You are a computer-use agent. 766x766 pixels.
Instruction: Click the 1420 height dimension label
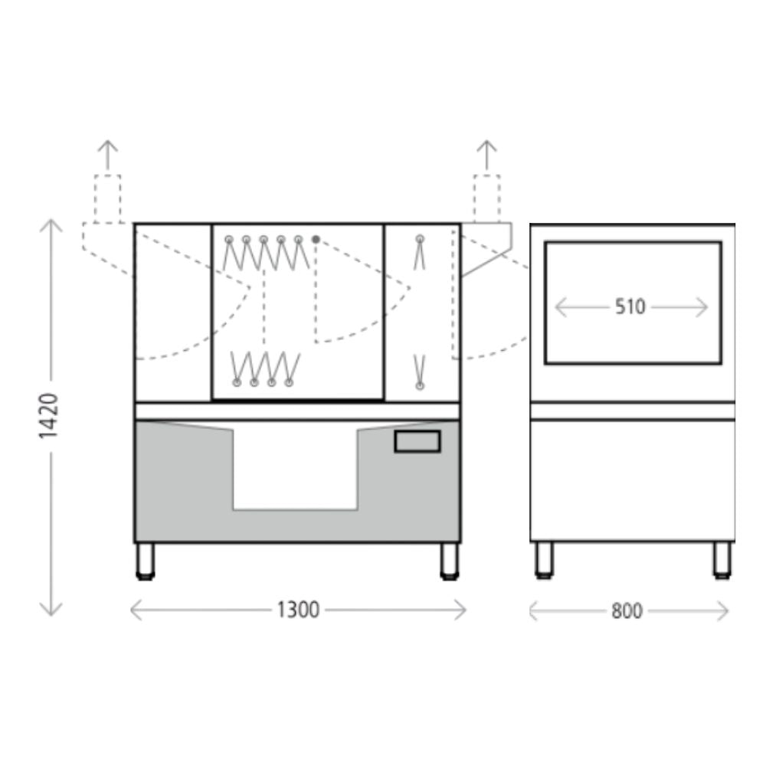49,416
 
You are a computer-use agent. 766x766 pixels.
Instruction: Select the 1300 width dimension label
298,610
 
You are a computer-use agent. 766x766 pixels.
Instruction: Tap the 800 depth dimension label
627,611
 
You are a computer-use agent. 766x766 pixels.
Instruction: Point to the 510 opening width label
630,307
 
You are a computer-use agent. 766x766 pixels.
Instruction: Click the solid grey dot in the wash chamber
316,239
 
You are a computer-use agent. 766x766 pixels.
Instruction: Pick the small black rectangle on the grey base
417,442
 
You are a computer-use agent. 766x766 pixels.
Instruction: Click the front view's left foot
146,561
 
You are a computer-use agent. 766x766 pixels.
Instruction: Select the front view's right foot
450,561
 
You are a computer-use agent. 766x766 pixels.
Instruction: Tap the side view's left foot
544,561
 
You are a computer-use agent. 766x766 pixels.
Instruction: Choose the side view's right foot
722,561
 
